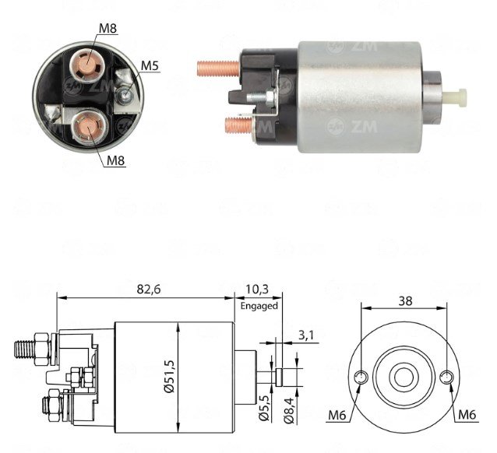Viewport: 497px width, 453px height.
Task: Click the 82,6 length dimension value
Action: point(149,290)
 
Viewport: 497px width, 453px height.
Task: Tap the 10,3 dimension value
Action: point(256,290)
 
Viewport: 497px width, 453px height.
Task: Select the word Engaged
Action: point(259,306)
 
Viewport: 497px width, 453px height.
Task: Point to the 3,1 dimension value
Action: point(305,335)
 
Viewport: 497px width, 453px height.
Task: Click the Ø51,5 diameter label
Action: point(170,377)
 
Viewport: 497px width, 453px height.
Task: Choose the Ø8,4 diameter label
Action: point(289,410)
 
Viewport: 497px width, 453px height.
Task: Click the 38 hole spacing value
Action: point(405,301)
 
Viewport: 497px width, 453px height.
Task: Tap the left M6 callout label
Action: point(337,415)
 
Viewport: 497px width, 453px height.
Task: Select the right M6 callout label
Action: point(467,414)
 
